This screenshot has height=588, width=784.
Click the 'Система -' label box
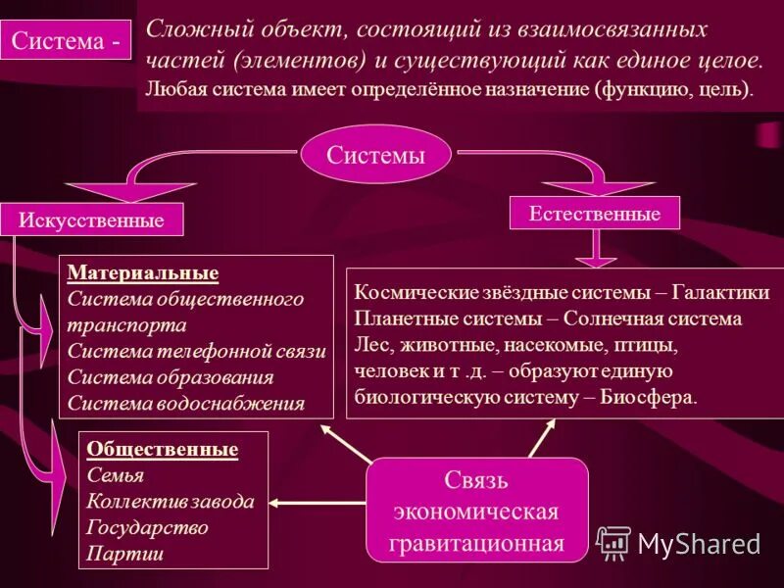69,42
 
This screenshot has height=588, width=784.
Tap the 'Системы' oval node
375,155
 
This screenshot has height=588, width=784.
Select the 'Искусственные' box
91,220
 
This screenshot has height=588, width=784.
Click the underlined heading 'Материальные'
144,272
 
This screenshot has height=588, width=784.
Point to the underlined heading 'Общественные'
163,449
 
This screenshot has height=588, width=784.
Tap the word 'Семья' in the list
116,475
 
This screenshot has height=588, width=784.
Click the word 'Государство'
148,527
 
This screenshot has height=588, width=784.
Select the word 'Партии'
124,553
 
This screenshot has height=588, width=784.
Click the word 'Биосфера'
650,398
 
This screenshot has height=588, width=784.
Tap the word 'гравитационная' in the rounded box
478,543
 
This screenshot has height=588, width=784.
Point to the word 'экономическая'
476,512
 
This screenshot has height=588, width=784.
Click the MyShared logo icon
613,543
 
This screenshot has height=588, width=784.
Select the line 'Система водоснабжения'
187,402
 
